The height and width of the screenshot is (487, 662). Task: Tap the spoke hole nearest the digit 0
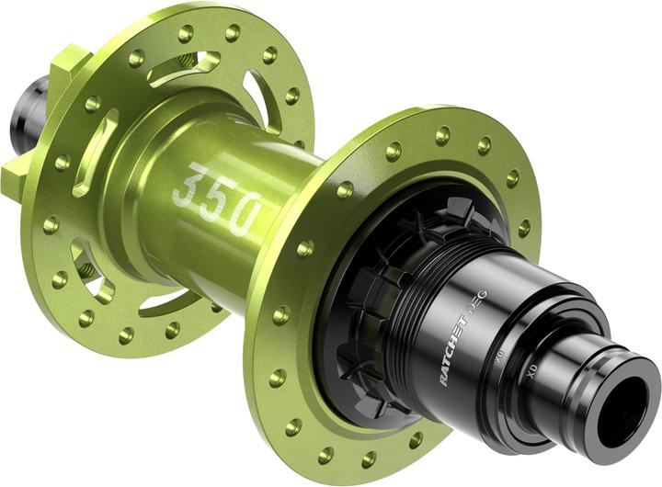tap(304, 248)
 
